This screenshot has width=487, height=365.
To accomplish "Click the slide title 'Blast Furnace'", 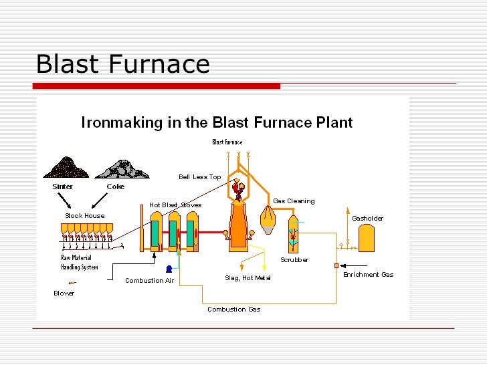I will coord(122,64).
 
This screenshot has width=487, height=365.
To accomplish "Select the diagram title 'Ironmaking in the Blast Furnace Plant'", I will coord(217,123).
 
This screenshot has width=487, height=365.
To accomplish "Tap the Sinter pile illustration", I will coord(66,168).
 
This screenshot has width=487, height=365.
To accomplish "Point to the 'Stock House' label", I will coord(85,216).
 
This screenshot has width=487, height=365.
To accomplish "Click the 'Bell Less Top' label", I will coord(199,177).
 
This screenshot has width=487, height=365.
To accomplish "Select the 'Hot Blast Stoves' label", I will coord(175,205).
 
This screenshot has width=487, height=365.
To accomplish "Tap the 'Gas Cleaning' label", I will coord(294,201).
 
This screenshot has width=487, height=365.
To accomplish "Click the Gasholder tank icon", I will coord(367,238).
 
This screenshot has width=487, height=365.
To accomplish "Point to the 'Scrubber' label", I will coord(294,260).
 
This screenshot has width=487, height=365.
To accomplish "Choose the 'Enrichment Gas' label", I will coord(368,275).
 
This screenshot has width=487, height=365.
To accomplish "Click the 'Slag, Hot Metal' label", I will coord(248,278).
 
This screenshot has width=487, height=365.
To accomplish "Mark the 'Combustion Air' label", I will coord(149,281).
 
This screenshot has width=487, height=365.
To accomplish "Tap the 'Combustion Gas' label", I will coord(233,310).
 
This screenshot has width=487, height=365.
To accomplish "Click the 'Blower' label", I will coord(64,293).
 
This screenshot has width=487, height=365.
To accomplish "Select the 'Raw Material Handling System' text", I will coord(80,263).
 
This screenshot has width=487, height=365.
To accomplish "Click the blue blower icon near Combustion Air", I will coord(167,269).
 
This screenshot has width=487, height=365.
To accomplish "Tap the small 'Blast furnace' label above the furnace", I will coord(227,142).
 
